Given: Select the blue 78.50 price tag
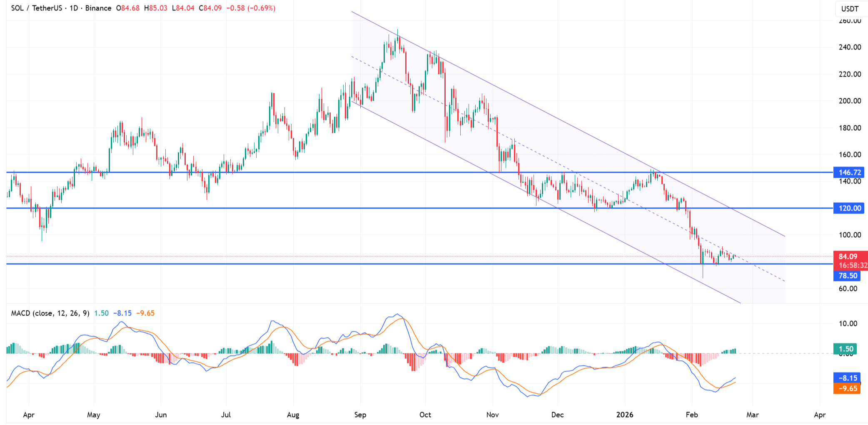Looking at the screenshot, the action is tap(847, 276).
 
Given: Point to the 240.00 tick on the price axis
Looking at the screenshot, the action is tap(850, 47).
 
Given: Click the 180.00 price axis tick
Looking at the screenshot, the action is tap(850, 128).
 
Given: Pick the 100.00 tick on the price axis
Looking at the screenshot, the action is tap(850, 235).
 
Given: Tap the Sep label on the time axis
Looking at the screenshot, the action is tap(360, 415).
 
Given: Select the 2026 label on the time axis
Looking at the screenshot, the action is tap(625, 415).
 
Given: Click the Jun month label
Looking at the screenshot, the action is tap(161, 415).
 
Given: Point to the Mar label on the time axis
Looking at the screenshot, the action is tap(753, 415).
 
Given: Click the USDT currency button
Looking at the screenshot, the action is tap(850, 9).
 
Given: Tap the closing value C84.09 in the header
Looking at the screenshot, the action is tap(210, 8).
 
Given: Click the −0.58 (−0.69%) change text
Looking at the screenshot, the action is tap(251, 8).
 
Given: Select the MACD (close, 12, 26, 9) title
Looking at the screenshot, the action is tap(50, 313).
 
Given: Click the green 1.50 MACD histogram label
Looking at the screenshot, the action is tap(846, 349).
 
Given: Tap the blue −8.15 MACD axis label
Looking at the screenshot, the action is tap(847, 378).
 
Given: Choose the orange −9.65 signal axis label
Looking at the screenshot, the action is tap(847, 388).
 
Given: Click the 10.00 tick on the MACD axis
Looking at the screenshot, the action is tap(848, 323).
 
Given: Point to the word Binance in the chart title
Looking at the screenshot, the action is tap(98, 8).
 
